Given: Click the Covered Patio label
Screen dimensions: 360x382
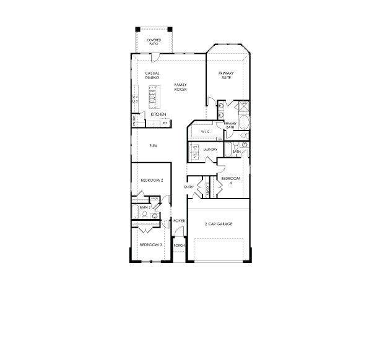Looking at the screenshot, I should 153,41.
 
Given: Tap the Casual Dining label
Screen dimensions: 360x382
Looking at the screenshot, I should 152,75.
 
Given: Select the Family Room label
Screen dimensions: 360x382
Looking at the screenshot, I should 180,87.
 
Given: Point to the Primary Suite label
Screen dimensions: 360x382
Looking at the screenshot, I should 225,75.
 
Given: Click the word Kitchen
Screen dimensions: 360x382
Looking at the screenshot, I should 158,114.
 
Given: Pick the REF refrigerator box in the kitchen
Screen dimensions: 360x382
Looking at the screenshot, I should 165,123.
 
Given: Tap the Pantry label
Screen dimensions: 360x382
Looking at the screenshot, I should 133,119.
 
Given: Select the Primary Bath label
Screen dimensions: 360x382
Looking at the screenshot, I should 230,126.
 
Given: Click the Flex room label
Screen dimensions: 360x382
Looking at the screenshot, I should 153,146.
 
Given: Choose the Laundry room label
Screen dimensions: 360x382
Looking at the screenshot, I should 209,149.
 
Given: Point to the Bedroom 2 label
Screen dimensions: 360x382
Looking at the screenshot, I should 152,180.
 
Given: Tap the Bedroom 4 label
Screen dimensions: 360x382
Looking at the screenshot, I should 227,181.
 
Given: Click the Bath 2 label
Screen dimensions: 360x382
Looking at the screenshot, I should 145,207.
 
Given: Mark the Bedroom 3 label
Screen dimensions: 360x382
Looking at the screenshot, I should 150,245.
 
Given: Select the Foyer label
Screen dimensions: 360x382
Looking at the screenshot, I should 180,220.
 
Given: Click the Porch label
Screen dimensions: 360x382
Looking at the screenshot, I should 179,246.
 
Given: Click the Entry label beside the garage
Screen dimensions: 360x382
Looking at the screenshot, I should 189,187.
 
